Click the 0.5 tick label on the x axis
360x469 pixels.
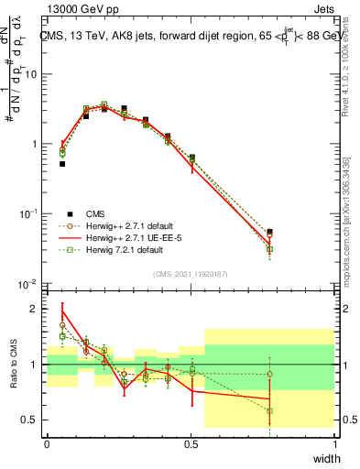(x=191, y=443)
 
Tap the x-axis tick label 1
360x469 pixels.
(x=334, y=443)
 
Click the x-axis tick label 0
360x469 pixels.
(x=47, y=443)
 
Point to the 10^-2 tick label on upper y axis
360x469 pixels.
(x=30, y=284)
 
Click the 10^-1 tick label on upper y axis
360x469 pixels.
(x=30, y=214)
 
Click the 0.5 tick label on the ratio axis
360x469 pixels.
(x=33, y=420)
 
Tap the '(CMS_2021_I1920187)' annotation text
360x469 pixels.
(x=190, y=273)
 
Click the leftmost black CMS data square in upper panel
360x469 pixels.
(x=62, y=164)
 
